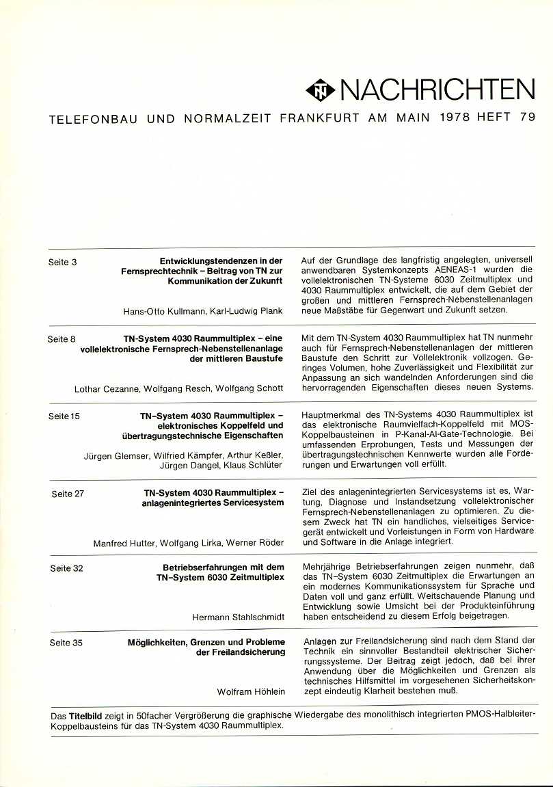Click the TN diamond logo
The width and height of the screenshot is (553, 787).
320,90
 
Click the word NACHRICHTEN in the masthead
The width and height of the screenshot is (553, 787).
437,90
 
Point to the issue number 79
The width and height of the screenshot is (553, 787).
527,118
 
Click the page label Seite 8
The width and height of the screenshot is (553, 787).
62,338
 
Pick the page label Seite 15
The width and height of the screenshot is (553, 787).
64,416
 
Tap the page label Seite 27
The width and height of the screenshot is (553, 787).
68,494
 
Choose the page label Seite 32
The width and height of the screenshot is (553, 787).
66,568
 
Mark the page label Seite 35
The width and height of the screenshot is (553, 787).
66,643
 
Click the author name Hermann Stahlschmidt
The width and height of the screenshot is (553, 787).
238,617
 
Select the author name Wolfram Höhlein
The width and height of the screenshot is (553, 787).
251,691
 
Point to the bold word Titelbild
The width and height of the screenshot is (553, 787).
85,715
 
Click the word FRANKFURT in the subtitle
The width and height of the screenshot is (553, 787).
319,118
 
